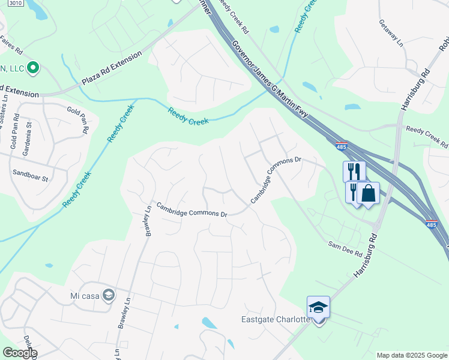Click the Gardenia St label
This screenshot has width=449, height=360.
(x=27, y=139)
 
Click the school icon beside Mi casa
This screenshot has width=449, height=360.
(x=108, y=295)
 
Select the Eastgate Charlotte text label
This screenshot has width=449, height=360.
(x=276, y=319)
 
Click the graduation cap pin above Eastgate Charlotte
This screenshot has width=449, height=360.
(x=319, y=308)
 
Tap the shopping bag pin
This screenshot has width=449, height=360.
(x=368, y=194)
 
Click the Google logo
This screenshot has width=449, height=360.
(x=19, y=353)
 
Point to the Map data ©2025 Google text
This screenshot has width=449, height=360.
(x=412, y=355)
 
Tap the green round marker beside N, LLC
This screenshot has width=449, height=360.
(x=34, y=68)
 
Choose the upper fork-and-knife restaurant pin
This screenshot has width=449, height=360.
(x=354, y=172)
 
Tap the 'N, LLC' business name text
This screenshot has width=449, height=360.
(x=12, y=68)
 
